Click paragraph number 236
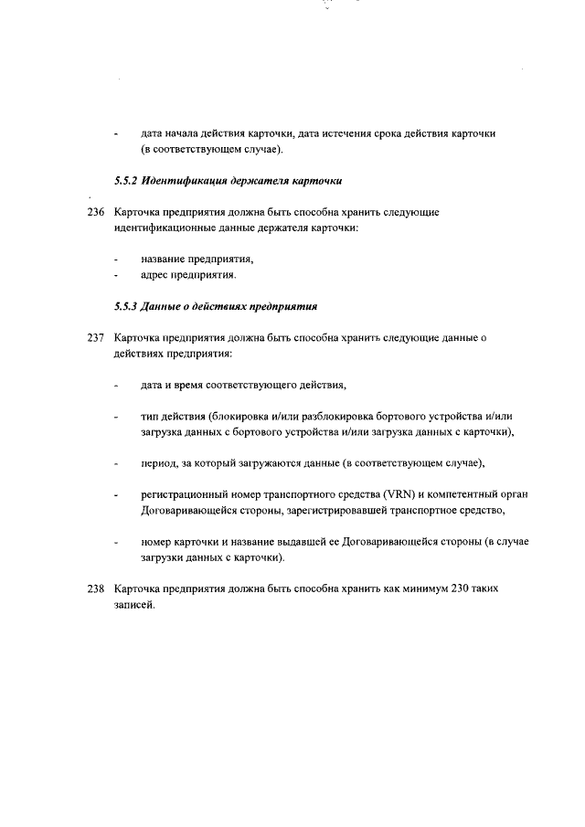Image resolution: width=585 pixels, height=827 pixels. click(96, 212)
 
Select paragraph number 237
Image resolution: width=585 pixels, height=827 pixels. click(96, 337)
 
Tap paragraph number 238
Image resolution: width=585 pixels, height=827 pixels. click(96, 589)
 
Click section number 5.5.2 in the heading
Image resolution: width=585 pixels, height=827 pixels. click(125, 181)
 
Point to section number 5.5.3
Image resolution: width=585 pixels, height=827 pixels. click(125, 306)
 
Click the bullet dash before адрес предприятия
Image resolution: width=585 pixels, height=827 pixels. click(116, 275)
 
